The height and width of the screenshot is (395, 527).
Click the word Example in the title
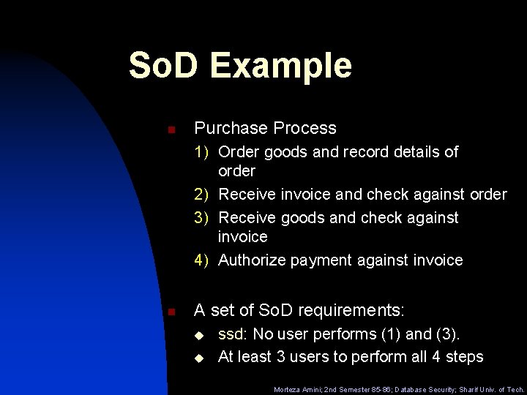click(281, 66)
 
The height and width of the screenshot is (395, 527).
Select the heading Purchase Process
click(265, 128)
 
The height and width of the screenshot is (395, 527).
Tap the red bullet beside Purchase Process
click(170, 129)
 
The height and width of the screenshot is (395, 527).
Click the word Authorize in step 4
click(252, 260)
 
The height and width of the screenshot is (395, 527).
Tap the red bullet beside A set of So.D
click(170, 312)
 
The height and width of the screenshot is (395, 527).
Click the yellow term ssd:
click(233, 335)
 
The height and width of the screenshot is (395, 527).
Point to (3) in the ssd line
click(446, 335)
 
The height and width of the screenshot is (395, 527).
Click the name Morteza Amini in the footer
click(296, 390)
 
